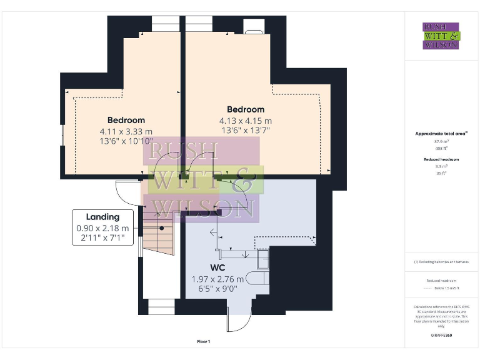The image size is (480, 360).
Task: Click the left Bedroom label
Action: tap(126, 120)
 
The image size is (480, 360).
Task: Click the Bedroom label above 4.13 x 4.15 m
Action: tap(245, 109)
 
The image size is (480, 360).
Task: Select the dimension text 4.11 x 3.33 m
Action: tap(126, 131)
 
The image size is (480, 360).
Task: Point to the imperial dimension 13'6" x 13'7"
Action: tap(245, 131)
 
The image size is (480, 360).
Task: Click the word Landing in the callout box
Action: tap(102, 217)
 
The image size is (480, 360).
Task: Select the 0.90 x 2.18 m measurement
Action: tap(102, 228)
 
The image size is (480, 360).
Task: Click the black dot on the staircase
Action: tap(161, 229)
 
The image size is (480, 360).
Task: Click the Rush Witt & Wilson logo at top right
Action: tap(441, 36)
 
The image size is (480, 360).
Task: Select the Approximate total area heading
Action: tap(441, 134)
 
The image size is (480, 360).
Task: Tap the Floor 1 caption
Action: tap(203, 342)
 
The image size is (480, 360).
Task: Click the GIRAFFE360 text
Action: tap(441, 336)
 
